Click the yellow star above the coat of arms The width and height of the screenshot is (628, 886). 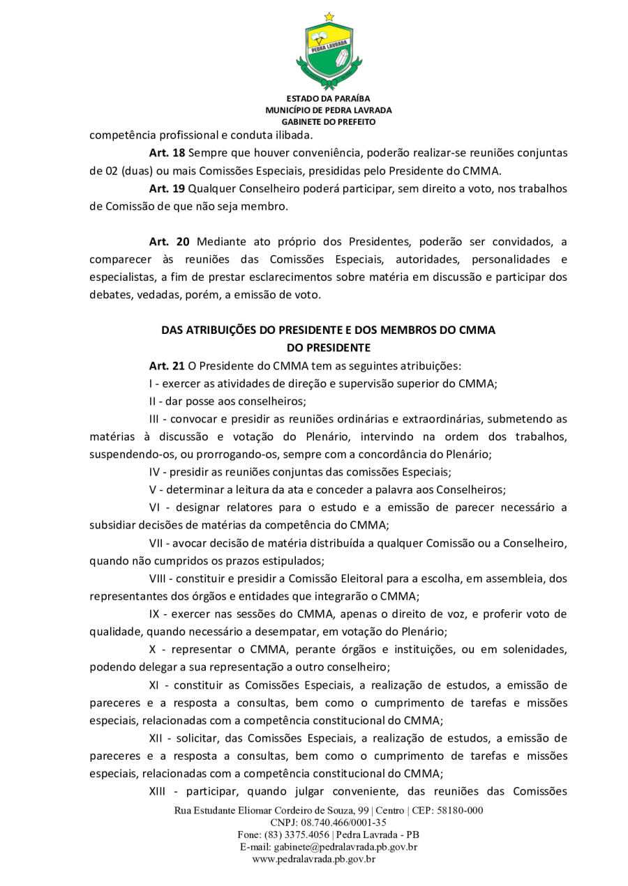[329, 17]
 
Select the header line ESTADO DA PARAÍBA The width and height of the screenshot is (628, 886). [328, 98]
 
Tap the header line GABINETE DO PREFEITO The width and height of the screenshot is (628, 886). [328, 121]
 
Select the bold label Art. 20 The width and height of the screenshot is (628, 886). [169, 242]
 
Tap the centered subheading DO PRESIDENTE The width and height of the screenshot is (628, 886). [328, 346]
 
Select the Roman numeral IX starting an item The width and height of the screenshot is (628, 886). [156, 613]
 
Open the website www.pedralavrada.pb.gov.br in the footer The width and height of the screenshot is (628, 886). [314, 860]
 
